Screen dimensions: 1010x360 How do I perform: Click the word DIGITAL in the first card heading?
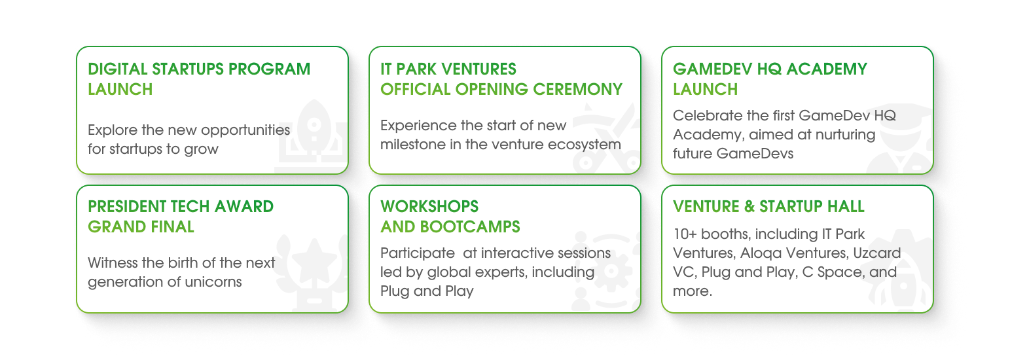click(x=117, y=69)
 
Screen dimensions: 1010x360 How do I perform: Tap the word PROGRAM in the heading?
click(x=269, y=69)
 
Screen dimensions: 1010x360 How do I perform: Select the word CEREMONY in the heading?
click(x=577, y=89)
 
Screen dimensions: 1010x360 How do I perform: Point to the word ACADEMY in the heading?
click(x=827, y=69)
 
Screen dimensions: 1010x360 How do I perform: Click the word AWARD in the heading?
click(x=244, y=207)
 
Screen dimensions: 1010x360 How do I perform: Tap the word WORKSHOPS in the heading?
click(x=429, y=207)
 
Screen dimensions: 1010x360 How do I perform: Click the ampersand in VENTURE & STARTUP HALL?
click(x=749, y=207)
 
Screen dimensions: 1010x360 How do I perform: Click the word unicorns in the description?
click(x=213, y=282)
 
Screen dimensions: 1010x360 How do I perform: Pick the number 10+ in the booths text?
click(x=685, y=234)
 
